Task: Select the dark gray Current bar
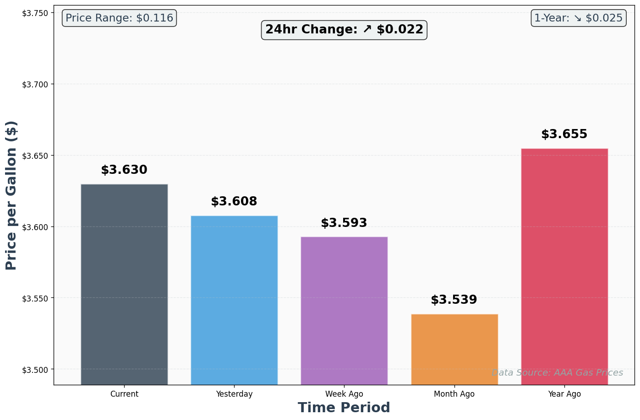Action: click(124, 284)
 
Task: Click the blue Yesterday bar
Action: click(234, 300)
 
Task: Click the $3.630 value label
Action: click(124, 170)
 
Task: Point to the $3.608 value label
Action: click(234, 202)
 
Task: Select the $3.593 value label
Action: click(344, 223)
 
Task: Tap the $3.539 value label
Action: click(454, 300)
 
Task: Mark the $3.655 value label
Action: click(564, 135)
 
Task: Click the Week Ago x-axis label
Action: click(344, 394)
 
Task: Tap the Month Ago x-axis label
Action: click(454, 394)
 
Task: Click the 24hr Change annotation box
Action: click(344, 30)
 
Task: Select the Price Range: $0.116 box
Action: click(119, 18)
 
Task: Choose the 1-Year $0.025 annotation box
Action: click(579, 18)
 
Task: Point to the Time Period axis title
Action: click(344, 408)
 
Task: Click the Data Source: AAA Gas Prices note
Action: click(557, 373)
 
